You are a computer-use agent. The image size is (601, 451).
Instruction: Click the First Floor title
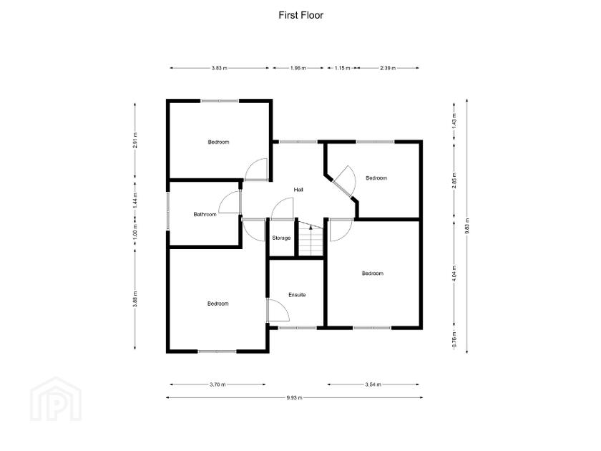[x=300, y=14]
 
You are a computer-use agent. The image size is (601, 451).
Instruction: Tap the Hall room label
[x=299, y=190]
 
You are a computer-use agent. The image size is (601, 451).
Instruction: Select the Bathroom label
[x=205, y=214]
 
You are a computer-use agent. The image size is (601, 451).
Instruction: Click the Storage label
[x=281, y=238]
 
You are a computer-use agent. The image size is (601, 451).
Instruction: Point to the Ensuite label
[x=297, y=294]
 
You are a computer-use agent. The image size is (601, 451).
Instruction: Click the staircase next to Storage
[x=311, y=238]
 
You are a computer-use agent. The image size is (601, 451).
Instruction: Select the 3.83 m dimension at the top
[x=219, y=69]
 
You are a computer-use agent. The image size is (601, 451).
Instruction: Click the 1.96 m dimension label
[x=298, y=69]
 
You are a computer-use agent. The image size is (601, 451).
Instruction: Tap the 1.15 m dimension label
[x=342, y=69]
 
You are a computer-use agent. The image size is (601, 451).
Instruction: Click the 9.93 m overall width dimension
[x=295, y=397]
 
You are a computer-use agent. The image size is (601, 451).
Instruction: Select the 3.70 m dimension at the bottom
[x=218, y=384]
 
